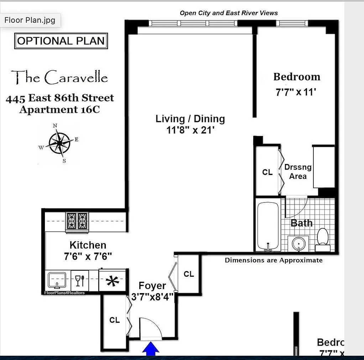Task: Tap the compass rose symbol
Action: click(59, 143)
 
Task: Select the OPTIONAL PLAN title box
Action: click(61, 41)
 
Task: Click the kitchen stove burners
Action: click(77, 221)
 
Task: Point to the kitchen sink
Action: click(57, 280)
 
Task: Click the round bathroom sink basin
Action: click(298, 244)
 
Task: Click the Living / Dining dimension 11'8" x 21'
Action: click(190, 130)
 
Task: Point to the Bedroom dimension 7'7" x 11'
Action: click(296, 92)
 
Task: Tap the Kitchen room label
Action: click(88, 245)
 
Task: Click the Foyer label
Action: click(152, 286)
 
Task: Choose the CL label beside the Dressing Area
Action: click(267, 172)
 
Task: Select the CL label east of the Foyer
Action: click(189, 274)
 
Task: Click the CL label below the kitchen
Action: click(115, 320)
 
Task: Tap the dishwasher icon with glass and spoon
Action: click(80, 280)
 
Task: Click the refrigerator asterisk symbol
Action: click(112, 281)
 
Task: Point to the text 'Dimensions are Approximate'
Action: click(274, 260)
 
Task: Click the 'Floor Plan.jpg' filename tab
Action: click(30, 20)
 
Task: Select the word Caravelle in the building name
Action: click(76, 78)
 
